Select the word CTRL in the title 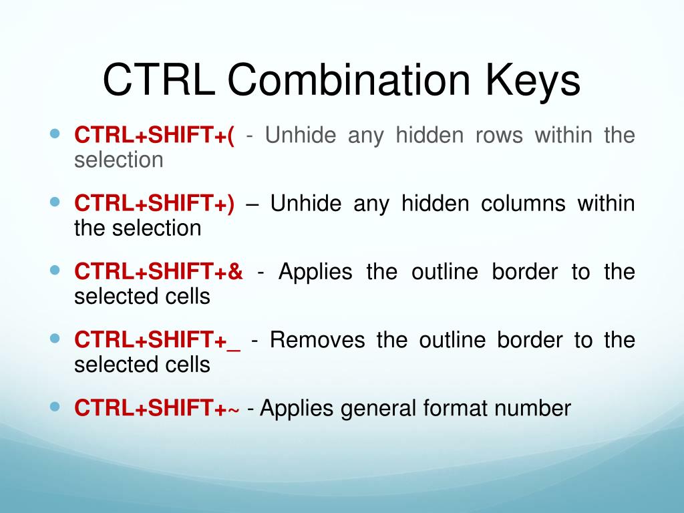point(158,81)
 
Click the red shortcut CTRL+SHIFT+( point(154,136)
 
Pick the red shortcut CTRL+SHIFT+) point(154,204)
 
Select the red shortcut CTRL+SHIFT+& point(158,272)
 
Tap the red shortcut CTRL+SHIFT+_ point(158,340)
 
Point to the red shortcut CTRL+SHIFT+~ point(156,408)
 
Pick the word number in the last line point(533,408)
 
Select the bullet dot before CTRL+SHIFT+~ point(55,405)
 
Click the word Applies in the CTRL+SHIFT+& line point(314,272)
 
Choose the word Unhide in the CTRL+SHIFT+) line point(305,204)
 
